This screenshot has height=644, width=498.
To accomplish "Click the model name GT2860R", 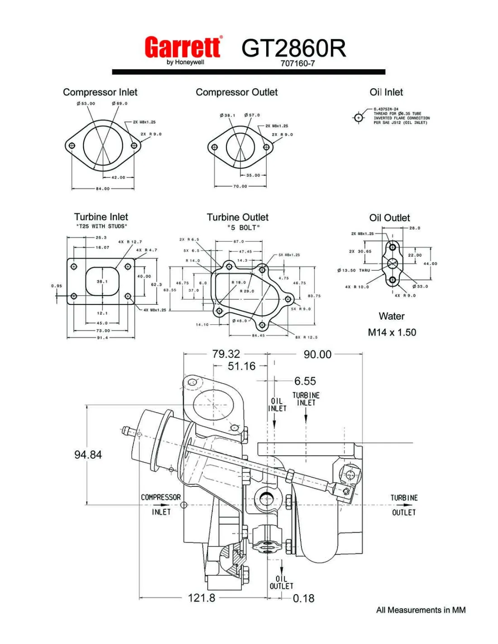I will pos(293,48).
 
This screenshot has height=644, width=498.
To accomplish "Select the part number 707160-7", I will pos(297,63).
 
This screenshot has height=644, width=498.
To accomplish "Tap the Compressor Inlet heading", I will pos(100,92).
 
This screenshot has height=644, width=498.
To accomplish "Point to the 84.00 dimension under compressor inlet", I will pos(102,188).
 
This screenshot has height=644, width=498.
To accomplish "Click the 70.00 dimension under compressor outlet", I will pos(240,186).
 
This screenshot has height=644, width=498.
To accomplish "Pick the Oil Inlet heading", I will pos(386,92).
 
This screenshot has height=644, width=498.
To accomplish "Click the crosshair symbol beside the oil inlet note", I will pos(359,118).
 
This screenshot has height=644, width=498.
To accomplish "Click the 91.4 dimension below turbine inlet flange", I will pos(102,337).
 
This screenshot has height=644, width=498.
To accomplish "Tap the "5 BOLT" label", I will pos(244,227).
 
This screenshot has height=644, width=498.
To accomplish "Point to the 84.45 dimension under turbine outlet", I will pos(259,336).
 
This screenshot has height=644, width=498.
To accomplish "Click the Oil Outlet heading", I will pos(389,218).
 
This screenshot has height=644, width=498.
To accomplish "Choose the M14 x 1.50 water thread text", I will pos(392,332).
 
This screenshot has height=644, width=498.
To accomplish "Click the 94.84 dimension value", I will pos(88,455).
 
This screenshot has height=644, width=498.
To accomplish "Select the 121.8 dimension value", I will pos(201,598).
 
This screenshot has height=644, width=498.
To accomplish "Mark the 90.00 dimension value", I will pos(317,355).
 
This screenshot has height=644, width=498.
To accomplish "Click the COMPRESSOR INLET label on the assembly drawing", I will pos(161,504).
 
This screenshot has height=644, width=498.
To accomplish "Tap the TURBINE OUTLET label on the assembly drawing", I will pos(404,505).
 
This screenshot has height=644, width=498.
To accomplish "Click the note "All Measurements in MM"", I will pos(421,610).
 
